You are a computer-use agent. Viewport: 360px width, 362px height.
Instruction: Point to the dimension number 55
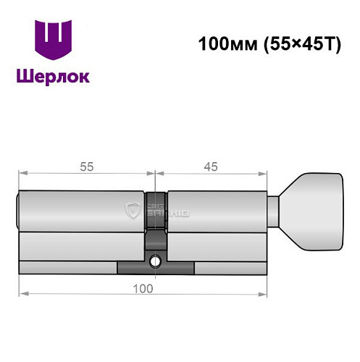85,166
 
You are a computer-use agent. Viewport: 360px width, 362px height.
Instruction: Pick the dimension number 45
211,166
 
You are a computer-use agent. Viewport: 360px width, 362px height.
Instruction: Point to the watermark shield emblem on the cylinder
133,211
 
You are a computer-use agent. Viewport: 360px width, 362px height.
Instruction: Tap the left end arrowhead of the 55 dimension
22,174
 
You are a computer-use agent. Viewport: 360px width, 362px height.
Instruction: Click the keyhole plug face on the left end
18,211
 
